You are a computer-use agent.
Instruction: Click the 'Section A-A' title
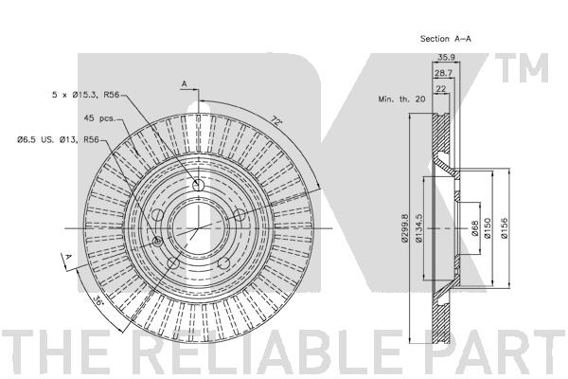coord(446,39)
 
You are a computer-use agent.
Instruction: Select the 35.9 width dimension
coord(446,57)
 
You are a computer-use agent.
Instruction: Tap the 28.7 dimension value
coord(444,73)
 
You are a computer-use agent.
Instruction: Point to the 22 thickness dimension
coord(441,88)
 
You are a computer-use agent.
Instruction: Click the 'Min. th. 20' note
coord(401,99)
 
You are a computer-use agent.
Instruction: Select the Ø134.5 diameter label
coord(418,228)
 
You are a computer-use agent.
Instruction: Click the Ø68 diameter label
coord(475,228)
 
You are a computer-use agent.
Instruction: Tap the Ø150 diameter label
coord(488,228)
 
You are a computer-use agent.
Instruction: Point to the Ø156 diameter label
coord(504,228)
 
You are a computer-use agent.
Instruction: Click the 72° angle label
coord(276,120)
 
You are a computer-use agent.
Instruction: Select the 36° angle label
coord(98,300)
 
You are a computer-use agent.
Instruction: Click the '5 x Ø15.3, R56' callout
coord(86,95)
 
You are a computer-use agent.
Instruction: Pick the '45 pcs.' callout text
coord(99,118)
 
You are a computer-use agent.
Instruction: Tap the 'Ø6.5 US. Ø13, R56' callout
coord(59,139)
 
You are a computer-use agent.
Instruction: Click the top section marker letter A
coord(184,84)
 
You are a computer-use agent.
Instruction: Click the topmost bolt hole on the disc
coord(198,185)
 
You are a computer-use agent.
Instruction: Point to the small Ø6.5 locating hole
coord(157,242)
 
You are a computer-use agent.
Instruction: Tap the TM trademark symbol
coord(522,68)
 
